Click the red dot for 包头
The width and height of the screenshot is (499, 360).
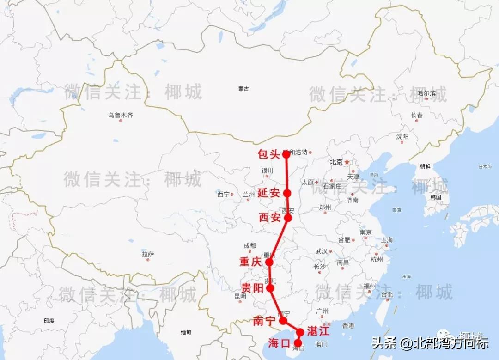tap(286, 154)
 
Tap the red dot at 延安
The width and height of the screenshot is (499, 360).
tap(287, 193)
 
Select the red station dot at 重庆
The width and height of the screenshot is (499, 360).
tap(270, 262)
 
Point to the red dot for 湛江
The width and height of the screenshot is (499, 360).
tap(300, 332)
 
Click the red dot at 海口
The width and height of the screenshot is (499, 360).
tap(298, 343)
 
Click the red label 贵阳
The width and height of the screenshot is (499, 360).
tap(252, 288)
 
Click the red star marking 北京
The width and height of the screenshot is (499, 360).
tap(347, 162)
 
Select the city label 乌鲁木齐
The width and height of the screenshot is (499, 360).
tap(121, 115)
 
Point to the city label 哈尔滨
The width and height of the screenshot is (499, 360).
tap(426, 93)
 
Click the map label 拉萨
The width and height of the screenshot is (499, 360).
tap(148, 254)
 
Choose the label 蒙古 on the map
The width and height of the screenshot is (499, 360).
tap(243, 89)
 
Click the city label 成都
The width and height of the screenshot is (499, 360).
tap(249, 246)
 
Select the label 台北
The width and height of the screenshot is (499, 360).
tap(386, 294)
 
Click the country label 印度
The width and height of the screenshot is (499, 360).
tap(49, 321)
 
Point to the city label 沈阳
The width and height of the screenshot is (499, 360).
tap(402, 137)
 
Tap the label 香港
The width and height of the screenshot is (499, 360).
tap(348, 326)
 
